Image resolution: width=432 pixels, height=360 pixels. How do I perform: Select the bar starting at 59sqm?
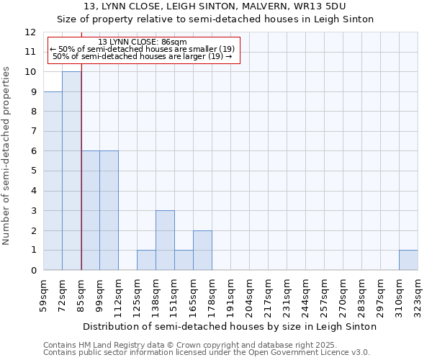(x=53, y=181)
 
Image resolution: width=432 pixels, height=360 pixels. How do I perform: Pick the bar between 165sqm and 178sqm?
(x=202, y=251)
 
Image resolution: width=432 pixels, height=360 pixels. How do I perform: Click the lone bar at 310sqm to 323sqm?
(x=408, y=260)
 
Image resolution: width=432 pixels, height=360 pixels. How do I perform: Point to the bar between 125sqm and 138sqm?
(x=146, y=260)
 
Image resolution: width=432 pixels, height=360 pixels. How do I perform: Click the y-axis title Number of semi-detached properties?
(x=7, y=156)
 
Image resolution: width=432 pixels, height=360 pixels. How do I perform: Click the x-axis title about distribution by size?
(x=230, y=326)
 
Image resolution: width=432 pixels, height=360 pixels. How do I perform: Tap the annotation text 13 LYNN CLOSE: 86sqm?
(x=143, y=42)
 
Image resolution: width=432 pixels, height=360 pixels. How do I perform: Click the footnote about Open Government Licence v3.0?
(x=206, y=352)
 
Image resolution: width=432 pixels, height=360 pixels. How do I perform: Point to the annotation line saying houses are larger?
(x=143, y=56)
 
